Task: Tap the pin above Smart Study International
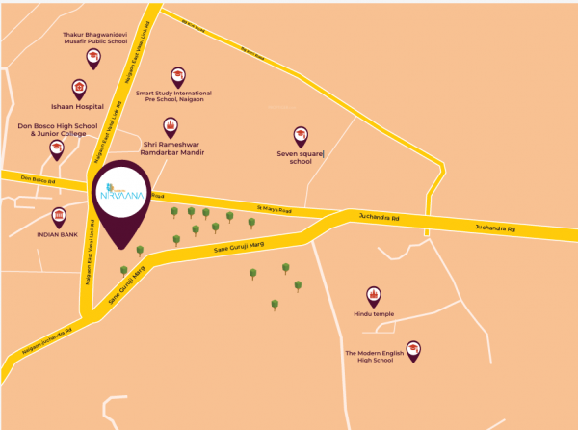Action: pos(177,76)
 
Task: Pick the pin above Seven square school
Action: pos(301,136)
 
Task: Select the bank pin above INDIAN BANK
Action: pos(58,216)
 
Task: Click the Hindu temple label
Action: pos(374,314)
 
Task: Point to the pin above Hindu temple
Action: pos(374,295)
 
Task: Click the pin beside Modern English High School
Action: pos(413,349)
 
